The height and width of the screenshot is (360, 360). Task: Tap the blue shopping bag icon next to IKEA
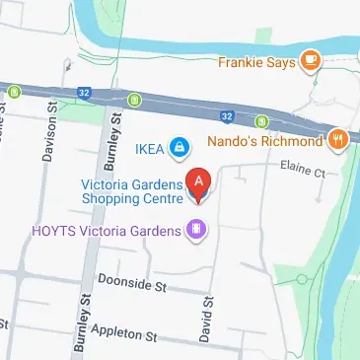179,150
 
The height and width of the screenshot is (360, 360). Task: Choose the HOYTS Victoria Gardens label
108,231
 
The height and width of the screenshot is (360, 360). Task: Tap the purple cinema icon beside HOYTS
198,231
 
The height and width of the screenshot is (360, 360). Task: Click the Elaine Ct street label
303,171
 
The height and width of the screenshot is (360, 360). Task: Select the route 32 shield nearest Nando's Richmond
228,116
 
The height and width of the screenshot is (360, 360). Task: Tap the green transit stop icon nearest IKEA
134,99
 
